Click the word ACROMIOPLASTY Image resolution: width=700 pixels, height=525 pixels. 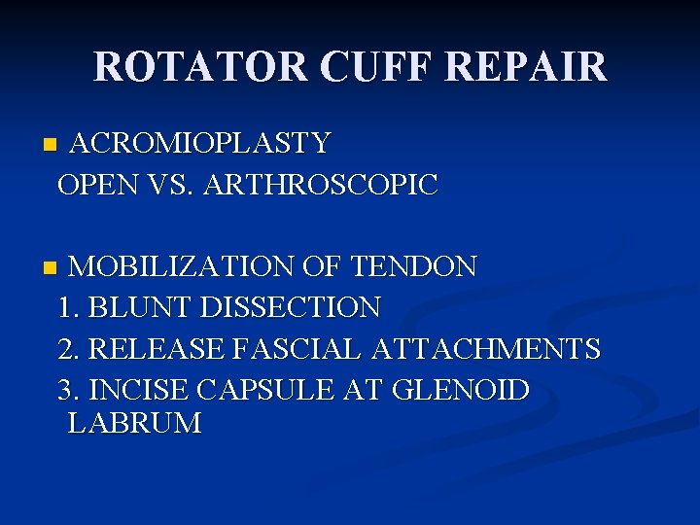(x=200, y=144)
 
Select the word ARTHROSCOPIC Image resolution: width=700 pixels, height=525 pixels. (x=322, y=184)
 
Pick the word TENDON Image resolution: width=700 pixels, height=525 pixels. (x=413, y=266)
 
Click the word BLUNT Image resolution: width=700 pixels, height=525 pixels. (x=140, y=307)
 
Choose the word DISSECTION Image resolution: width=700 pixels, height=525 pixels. (x=290, y=307)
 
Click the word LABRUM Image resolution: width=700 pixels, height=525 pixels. (x=135, y=423)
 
